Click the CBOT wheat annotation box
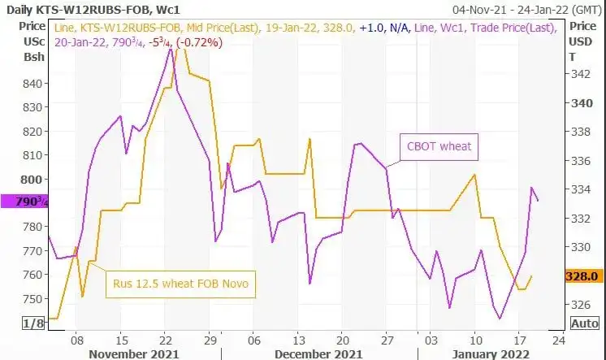pyautogui.click(x=439, y=147)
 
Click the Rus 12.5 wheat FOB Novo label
pyautogui.click(x=180, y=284)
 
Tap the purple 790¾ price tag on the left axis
pyautogui.click(x=24, y=202)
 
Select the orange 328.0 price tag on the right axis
pyautogui.click(x=584, y=276)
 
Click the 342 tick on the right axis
pyautogui.click(x=582, y=74)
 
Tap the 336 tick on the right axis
pyautogui.click(x=582, y=160)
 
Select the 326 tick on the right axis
pyautogui.click(x=582, y=305)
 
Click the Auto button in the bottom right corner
pyautogui.click(x=584, y=323)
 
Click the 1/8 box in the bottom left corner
pyautogui.click(x=33, y=323)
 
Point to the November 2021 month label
pyautogui.click(x=134, y=353)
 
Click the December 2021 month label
pyautogui.click(x=318, y=353)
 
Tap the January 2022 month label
pyautogui.click(x=491, y=353)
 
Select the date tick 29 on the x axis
pyautogui.click(x=210, y=340)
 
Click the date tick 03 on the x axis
pyautogui.click(x=431, y=340)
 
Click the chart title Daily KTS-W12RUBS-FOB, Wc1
pyautogui.click(x=93, y=10)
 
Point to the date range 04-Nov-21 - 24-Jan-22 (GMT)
pyautogui.click(x=527, y=10)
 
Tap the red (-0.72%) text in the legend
pyautogui.click(x=199, y=42)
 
